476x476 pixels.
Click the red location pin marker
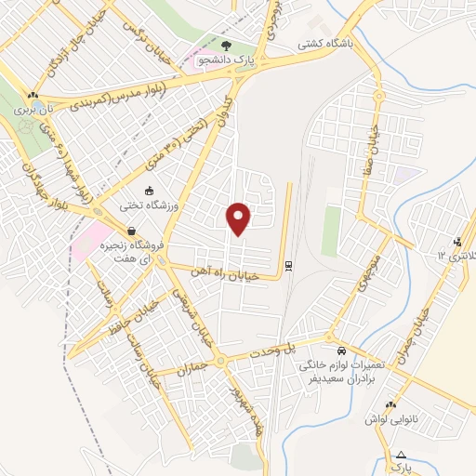pyautogui.click(x=240, y=218)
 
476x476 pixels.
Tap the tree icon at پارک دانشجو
pyautogui.click(x=227, y=45)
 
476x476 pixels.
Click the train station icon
pyautogui.click(x=290, y=265)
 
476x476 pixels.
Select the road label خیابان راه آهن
pyautogui.click(x=224, y=271)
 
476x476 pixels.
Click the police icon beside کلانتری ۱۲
pyautogui.click(x=456, y=243)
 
